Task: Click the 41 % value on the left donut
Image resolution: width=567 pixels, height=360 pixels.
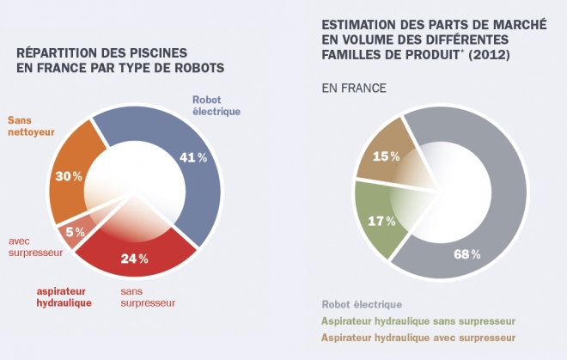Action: point(195,158)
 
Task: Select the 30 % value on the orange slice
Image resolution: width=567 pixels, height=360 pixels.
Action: point(70,176)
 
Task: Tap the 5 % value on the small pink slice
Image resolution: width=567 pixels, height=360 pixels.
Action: point(75,231)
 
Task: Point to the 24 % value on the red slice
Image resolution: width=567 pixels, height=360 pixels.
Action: point(135,259)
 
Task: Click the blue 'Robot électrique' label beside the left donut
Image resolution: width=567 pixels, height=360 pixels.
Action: point(216,105)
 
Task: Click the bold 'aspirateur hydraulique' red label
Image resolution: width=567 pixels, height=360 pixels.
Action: point(64,296)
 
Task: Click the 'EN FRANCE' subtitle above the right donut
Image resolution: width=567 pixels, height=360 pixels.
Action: point(353,88)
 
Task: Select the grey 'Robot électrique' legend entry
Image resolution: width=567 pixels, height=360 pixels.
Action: point(362,304)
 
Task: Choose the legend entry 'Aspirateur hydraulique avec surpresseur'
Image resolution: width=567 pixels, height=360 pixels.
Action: point(418,337)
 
